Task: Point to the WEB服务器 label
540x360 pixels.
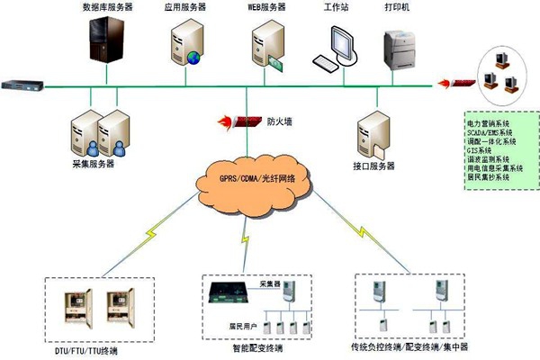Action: pos(267,6)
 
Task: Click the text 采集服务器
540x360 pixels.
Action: pos(93,165)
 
